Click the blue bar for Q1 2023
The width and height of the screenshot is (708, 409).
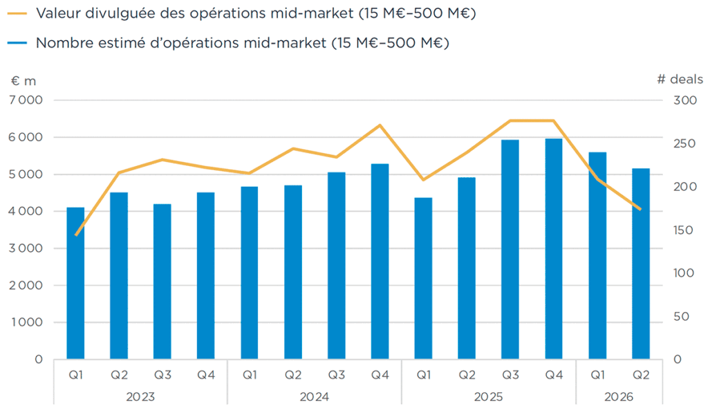pos(75,283)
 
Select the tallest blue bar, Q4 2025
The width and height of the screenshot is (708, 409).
pos(554,249)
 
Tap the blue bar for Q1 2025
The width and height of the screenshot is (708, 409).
pos(423,278)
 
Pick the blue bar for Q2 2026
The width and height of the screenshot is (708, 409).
pos(641,264)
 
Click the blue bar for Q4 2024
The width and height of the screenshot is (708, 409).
pos(380,262)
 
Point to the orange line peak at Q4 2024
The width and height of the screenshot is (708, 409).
pos(380,125)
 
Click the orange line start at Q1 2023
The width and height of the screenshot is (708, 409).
pos(76,235)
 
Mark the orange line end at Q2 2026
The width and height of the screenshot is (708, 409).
pos(640,209)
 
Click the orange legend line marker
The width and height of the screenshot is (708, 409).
pos(17,14)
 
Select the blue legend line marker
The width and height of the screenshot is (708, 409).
pos(17,43)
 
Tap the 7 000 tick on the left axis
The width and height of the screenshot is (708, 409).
pos(26,100)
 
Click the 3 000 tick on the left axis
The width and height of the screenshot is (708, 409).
pos(26,248)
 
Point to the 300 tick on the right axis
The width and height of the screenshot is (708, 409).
pos(685,100)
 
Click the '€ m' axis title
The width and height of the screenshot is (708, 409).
pos(24,81)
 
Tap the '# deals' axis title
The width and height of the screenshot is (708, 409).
pos(680,80)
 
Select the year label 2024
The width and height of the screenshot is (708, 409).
pos(315,397)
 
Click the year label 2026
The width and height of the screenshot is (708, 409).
pos(619,397)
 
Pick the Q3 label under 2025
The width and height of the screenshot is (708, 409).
pos(510,374)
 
